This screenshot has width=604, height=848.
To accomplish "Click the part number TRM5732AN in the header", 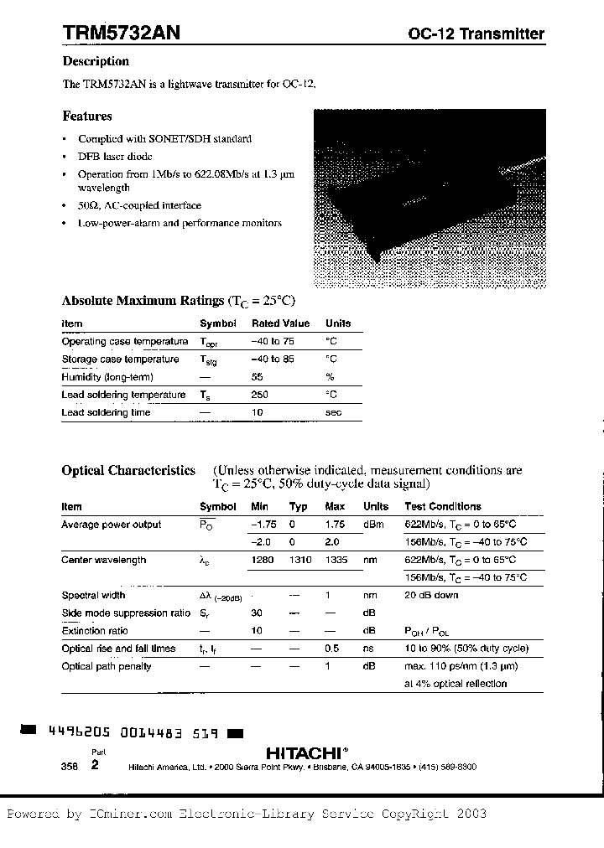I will [x=120, y=32].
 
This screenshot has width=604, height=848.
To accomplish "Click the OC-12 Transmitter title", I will [x=476, y=34].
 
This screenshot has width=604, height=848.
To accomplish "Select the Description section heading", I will [x=96, y=61].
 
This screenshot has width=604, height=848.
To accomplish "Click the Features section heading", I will [x=86, y=116].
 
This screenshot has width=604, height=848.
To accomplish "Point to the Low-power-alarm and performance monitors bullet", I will [x=180, y=223].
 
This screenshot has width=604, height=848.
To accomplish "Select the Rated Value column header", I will [x=280, y=323].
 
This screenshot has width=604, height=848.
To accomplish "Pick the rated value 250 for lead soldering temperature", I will [x=259, y=395].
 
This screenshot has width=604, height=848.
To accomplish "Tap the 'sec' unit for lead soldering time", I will [x=333, y=412].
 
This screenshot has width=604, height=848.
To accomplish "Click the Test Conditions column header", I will [x=443, y=506].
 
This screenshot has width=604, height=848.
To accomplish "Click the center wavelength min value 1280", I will [x=263, y=560].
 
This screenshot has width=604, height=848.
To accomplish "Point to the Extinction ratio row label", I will [x=95, y=631].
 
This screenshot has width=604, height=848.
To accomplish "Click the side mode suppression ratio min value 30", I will [x=257, y=613].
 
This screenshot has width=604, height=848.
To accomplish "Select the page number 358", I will [x=69, y=767].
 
